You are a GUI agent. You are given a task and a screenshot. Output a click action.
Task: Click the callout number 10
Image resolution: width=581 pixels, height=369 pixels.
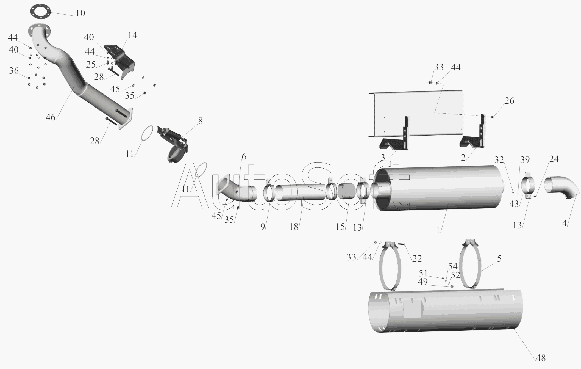(80, 13)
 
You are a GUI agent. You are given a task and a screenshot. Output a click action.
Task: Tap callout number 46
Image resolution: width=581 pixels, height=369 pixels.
(51, 117)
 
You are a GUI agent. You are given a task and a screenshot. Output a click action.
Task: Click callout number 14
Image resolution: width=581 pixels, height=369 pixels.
(132, 35)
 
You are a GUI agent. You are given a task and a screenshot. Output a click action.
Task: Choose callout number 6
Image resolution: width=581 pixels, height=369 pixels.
(244, 156)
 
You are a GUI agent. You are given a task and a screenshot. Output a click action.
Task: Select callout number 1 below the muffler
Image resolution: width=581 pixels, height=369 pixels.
(438, 230)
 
